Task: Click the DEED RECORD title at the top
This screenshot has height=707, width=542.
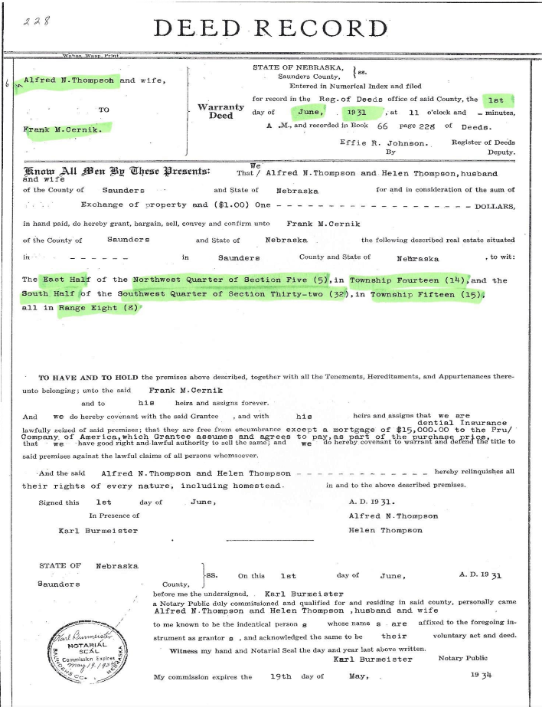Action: pyautogui.click(x=271, y=28)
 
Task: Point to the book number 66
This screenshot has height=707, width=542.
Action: pyautogui.click(x=384, y=126)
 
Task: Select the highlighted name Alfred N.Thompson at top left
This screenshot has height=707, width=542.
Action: pyautogui.click(x=69, y=80)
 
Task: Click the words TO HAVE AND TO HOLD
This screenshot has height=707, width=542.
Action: pyautogui.click(x=87, y=378)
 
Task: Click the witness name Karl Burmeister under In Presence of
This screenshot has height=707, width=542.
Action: pyautogui.click(x=98, y=530)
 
